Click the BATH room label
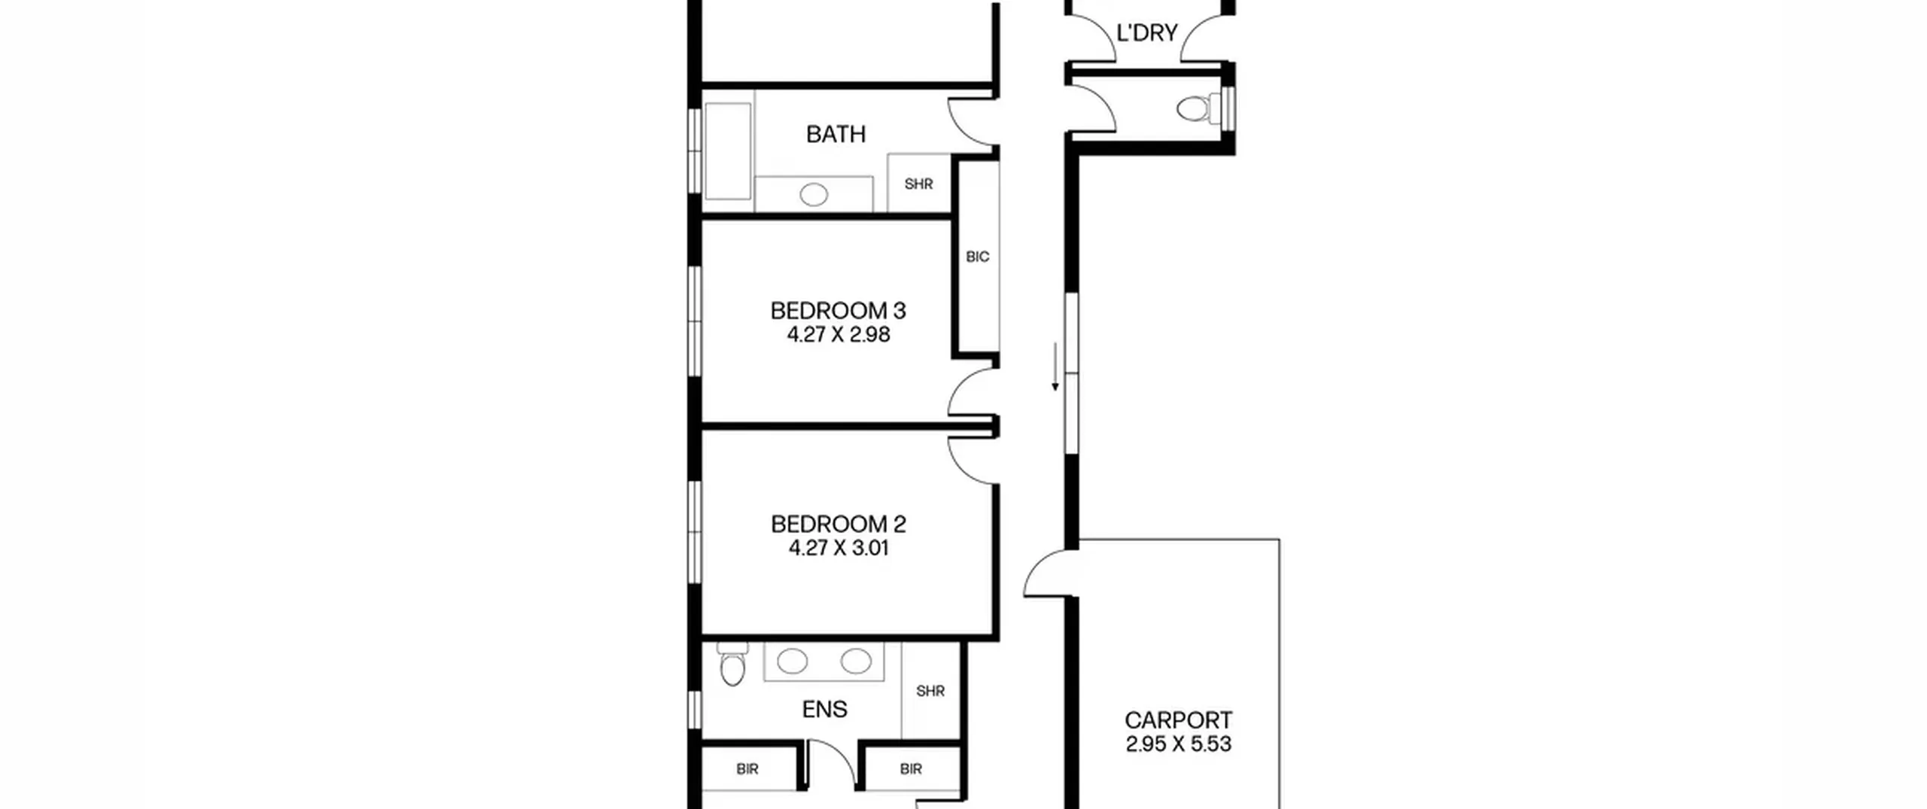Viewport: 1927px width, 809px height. point(836,134)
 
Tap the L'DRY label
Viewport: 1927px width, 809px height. point(1146,33)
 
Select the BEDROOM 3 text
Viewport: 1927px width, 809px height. point(838,310)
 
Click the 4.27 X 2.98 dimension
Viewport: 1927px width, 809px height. point(839,334)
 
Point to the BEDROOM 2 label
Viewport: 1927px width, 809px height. point(838,524)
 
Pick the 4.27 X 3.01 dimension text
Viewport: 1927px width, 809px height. point(839,548)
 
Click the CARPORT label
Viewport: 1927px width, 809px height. point(1178,720)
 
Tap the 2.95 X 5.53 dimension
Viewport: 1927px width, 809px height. point(1178,744)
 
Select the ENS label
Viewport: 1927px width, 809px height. point(824,709)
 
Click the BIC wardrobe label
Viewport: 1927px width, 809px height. point(977,257)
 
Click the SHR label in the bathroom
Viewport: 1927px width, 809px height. point(918,184)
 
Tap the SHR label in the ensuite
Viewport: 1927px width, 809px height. point(930,691)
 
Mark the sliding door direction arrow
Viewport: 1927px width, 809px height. point(1055,366)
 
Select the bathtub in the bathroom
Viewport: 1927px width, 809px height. point(728,151)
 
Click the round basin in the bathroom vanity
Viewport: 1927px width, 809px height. point(814,195)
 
